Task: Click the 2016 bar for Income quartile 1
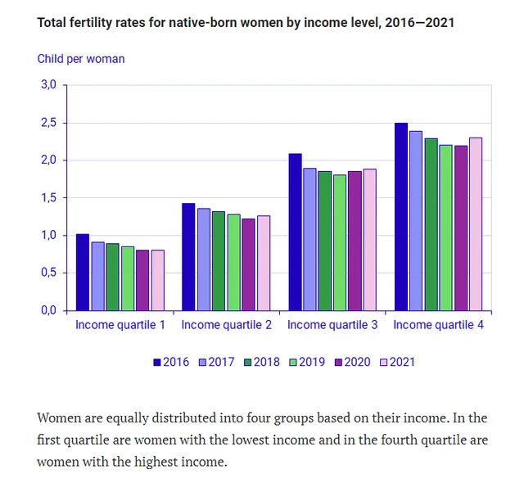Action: click(82, 273)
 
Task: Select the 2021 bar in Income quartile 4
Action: click(475, 224)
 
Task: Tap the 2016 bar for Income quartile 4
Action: click(401, 217)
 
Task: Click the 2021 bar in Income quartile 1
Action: click(157, 281)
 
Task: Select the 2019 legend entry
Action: click(310, 361)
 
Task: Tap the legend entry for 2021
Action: click(400, 361)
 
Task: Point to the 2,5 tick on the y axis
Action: click(48, 123)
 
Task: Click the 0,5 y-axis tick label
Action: click(48, 273)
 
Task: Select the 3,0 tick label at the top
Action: click(48, 85)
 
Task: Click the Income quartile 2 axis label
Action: click(226, 325)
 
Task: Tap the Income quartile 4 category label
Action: click(438, 325)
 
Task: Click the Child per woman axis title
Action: click(81, 59)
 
